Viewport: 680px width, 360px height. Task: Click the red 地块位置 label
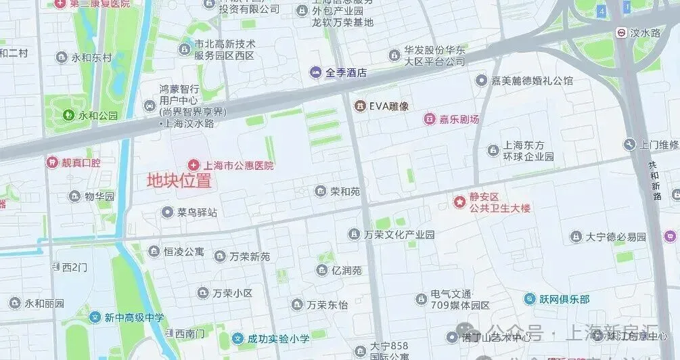coord(179,181)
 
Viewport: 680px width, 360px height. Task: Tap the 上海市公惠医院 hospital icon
coord(194,165)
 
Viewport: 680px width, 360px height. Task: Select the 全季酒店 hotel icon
coord(316,72)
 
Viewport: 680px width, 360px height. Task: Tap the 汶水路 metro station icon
coord(620,32)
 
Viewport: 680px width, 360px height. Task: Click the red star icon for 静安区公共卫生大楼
coord(460,202)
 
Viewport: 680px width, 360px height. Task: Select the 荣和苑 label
coord(345,192)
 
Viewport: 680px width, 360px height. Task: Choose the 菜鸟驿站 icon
coord(167,212)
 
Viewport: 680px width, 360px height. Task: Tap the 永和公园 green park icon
coord(68,116)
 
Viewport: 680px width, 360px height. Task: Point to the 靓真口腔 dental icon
coord(51,162)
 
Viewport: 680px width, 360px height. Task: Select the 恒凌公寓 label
coord(183,252)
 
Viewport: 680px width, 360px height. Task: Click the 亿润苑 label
coord(346,271)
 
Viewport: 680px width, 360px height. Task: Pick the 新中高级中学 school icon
coord(95,317)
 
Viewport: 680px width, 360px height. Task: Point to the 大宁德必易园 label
coord(616,237)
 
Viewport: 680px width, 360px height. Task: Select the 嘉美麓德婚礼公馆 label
coord(532,81)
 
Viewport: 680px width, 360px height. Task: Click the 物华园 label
coord(99,197)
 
